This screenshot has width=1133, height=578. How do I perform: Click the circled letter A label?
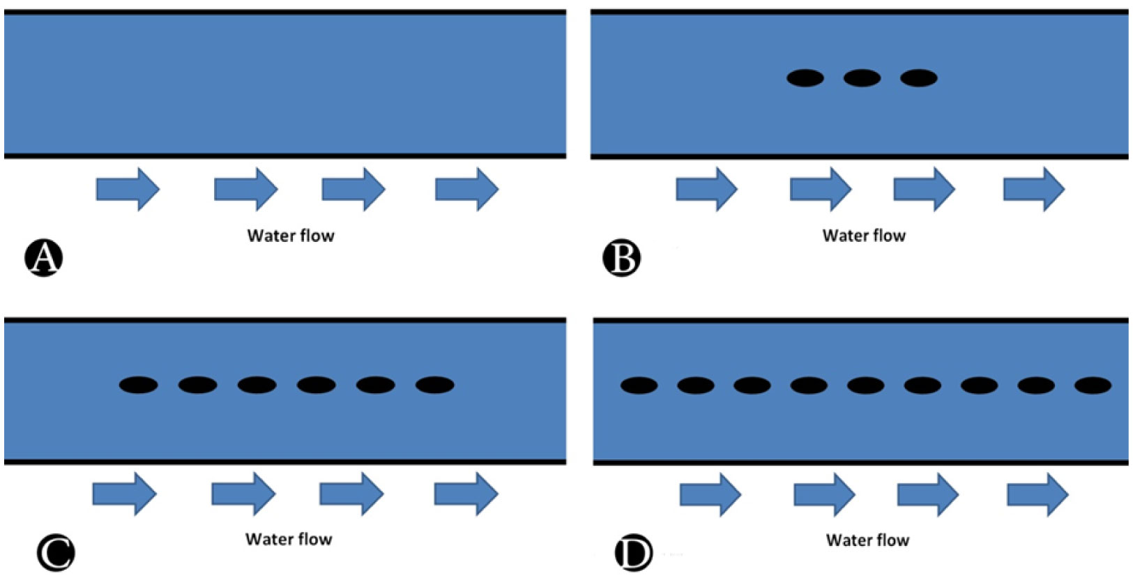[43, 258]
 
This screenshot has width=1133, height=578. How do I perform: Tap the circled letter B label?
[621, 258]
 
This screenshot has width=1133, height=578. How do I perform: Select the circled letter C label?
[55, 554]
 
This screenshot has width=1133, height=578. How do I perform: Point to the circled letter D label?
[633, 554]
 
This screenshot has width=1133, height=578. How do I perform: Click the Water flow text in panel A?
[291, 236]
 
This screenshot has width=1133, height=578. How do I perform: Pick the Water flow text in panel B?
[864, 236]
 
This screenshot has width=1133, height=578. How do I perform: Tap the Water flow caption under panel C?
[289, 539]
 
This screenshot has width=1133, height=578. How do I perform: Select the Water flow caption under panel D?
[867, 540]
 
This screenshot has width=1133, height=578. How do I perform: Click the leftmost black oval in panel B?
[805, 78]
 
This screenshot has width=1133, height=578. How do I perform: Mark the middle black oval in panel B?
[862, 78]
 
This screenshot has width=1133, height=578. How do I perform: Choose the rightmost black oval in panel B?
[918, 78]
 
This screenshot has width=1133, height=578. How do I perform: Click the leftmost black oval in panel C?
[138, 385]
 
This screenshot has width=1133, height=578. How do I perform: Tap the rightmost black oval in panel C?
[434, 385]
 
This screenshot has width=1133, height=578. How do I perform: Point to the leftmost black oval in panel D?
[639, 385]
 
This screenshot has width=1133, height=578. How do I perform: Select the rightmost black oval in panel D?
[1093, 385]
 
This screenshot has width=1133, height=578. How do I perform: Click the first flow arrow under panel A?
[128, 189]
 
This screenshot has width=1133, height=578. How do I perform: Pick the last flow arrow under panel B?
[1033, 189]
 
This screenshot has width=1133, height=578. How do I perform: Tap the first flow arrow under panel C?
[124, 494]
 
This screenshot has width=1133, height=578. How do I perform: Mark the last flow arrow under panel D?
[1037, 494]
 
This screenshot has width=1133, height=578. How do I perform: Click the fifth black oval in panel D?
[865, 385]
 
